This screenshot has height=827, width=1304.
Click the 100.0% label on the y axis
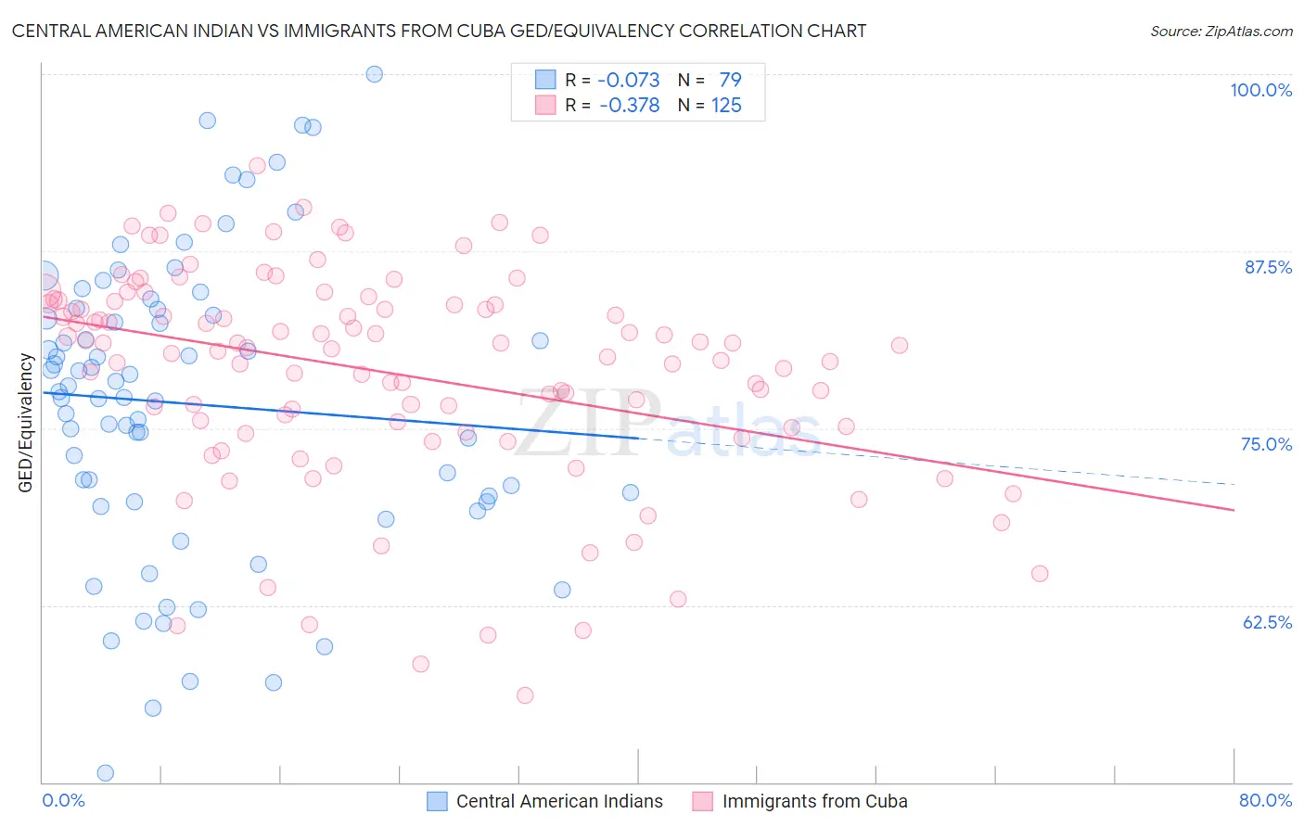click(x=1260, y=90)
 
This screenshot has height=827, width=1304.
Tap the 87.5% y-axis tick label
click(x=1268, y=267)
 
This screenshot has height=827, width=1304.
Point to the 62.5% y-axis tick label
click(x=1267, y=622)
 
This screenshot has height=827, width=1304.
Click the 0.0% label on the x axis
click(x=63, y=800)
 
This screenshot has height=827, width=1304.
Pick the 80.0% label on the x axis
click(x=1265, y=800)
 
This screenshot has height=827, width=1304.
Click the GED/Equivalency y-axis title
click(x=26, y=423)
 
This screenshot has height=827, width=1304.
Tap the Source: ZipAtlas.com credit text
click(x=1221, y=32)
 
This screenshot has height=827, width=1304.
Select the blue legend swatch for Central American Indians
click(x=438, y=801)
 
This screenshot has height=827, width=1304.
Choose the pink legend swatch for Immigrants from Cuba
click(x=703, y=801)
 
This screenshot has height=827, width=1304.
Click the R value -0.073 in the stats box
click(x=629, y=80)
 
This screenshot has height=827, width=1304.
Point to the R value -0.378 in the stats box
click(x=629, y=106)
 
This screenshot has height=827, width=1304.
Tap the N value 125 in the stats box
click(x=726, y=106)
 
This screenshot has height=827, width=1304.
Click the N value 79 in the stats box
click(x=730, y=80)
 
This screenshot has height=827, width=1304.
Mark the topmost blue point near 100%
click(x=375, y=74)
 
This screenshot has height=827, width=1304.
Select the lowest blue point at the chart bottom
click(x=106, y=773)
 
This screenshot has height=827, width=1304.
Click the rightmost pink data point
click(x=1040, y=574)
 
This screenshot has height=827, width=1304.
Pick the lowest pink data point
click(x=525, y=695)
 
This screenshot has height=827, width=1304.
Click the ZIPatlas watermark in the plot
click(x=668, y=425)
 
